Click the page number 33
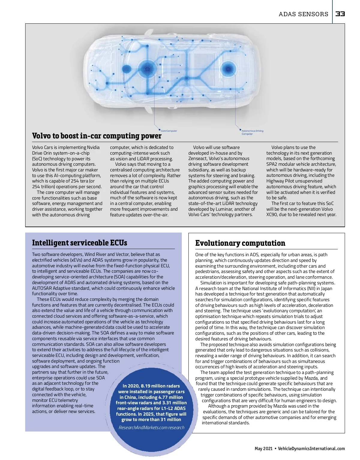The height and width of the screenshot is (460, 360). pyautogui.click(x=340, y=14)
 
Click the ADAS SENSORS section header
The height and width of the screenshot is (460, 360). pyautogui.click(x=303, y=14)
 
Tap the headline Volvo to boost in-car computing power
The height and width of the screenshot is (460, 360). pyautogui.click(x=97, y=136)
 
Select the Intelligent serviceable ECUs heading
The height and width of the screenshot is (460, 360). pyautogui.click(x=79, y=242)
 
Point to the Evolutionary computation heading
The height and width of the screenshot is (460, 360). pyautogui.click(x=240, y=243)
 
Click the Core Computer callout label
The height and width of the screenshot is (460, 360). pyautogui.click(x=169, y=131)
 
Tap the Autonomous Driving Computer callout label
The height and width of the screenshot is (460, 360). pyautogui.click(x=252, y=132)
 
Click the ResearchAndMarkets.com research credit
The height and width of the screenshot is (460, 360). pyautogui.click(x=151, y=428)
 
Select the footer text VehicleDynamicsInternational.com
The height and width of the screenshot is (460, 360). pyautogui.click(x=311, y=449)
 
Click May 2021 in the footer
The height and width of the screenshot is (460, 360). pyautogui.click(x=263, y=449)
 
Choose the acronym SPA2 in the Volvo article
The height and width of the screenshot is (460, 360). pyautogui.click(x=272, y=164)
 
